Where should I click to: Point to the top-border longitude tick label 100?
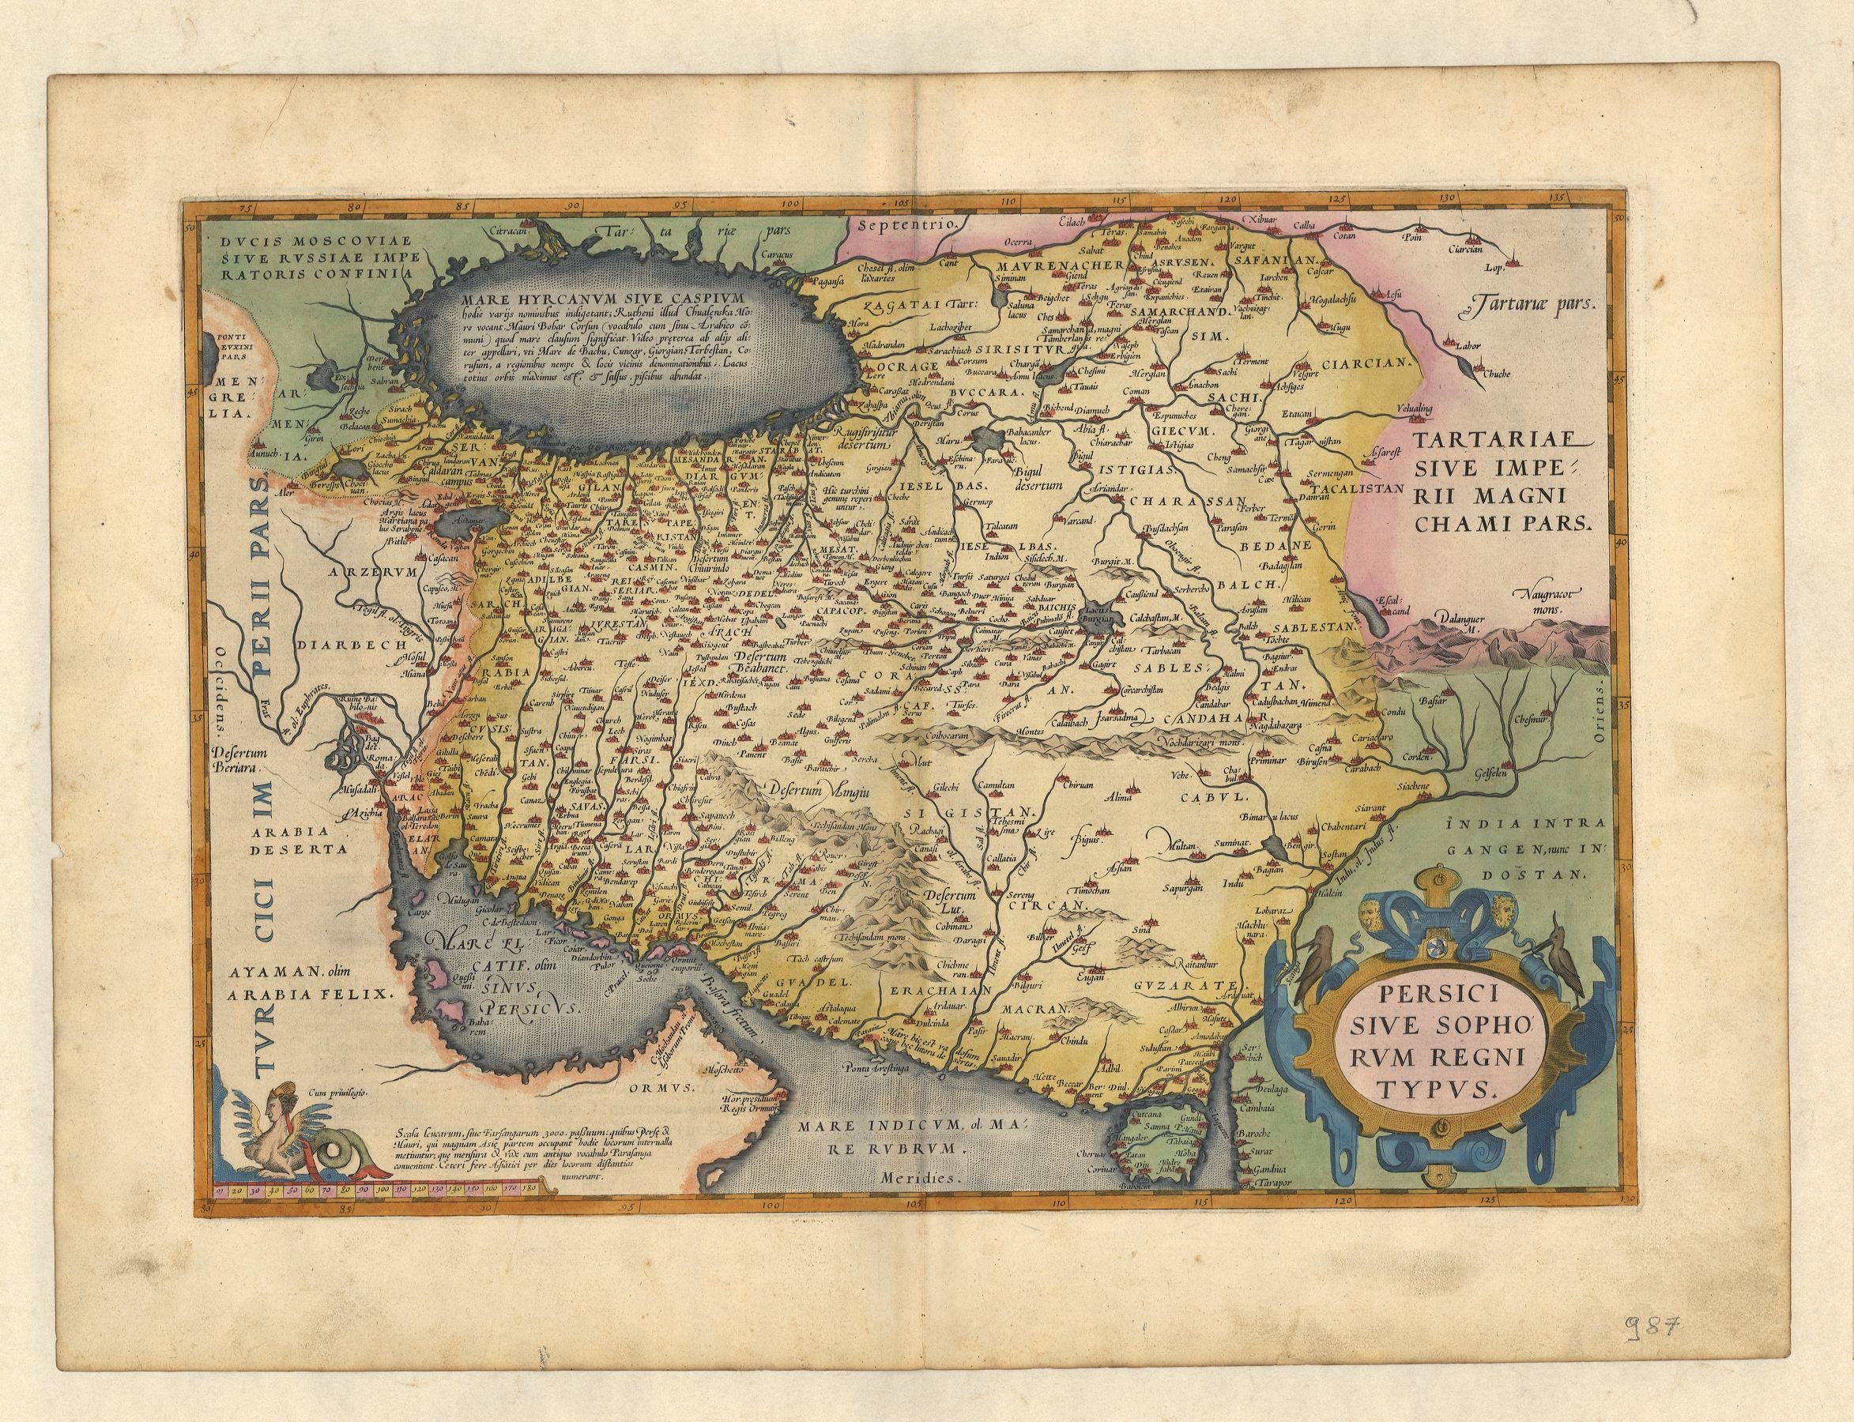pyautogui.click(x=789, y=204)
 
